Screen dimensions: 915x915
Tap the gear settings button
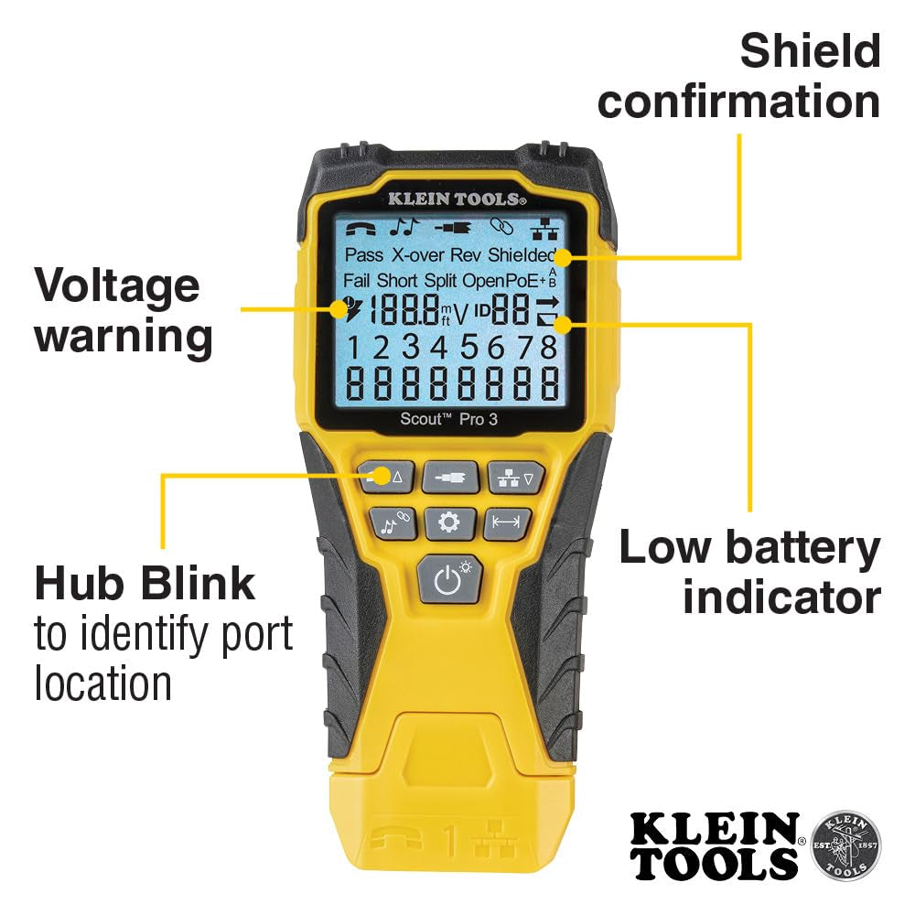(448, 522)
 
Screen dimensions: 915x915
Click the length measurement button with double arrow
(506, 522)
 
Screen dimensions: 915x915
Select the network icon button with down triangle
(513, 477)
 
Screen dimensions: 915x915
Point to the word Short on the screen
(397, 280)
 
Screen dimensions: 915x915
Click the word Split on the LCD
(441, 280)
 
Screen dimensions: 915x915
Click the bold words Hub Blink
(145, 584)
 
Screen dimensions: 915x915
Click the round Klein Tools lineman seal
(845, 843)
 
